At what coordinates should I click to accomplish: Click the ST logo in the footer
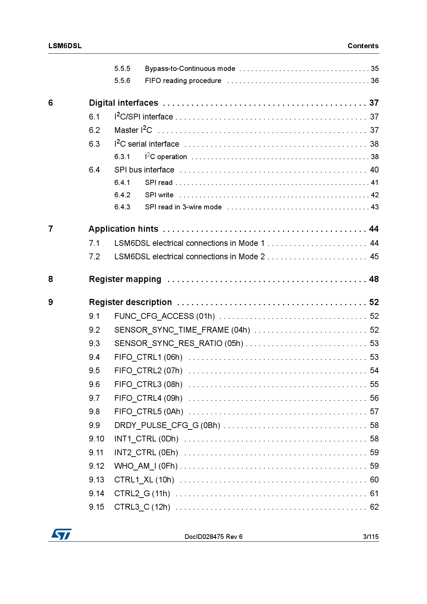coord(61,534)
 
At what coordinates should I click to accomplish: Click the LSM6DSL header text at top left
coord(65,46)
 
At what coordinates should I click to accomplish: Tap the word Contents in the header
coord(363,46)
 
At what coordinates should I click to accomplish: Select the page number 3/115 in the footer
coord(371,537)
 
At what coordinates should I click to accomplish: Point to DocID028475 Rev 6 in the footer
coord(213,537)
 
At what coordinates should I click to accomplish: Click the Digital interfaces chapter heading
coord(123,103)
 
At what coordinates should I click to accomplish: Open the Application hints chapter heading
coord(123,229)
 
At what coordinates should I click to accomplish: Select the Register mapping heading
coord(125,279)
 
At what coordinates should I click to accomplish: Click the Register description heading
coord(130,302)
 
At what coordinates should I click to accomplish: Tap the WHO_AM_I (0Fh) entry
coord(146,466)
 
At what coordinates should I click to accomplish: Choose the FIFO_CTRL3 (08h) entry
coord(148,384)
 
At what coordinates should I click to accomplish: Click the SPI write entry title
coord(159,195)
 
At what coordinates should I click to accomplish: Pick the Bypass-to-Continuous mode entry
coord(190,69)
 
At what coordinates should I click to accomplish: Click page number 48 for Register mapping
coord(374,279)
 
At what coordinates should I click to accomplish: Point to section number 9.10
coord(96,439)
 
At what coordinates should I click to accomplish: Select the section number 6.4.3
coord(122,207)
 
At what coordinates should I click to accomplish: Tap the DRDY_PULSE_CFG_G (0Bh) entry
coord(167,425)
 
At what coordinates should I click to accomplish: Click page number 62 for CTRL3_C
coord(374,507)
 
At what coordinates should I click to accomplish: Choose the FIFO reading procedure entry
coord(183,81)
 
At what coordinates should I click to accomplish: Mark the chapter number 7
coord(51,229)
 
